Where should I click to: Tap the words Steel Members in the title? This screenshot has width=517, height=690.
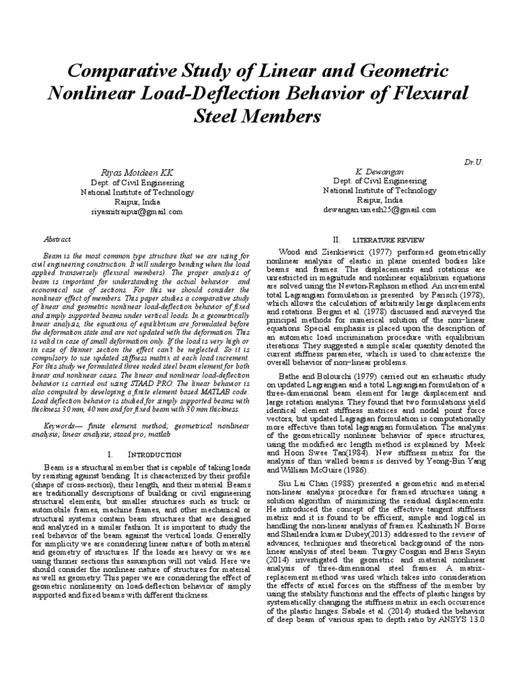pyautogui.click(x=258, y=117)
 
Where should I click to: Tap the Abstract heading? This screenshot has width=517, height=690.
pyautogui.click(x=57, y=239)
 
